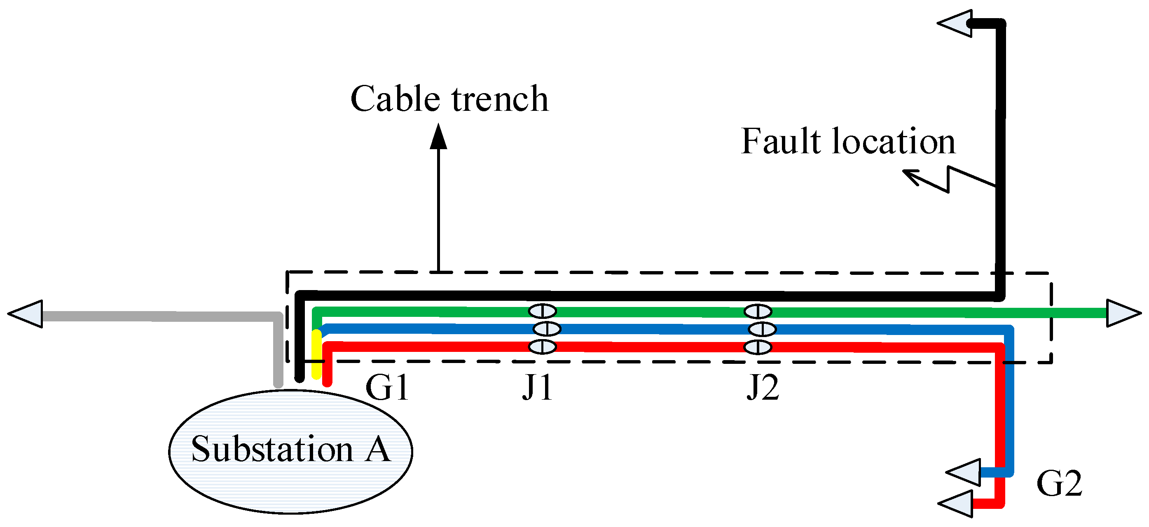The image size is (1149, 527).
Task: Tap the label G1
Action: (x=387, y=387)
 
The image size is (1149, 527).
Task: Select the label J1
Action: (x=538, y=387)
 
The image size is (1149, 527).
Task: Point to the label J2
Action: (x=763, y=387)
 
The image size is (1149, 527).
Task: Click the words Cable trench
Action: (x=449, y=98)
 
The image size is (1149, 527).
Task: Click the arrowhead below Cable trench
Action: (x=438, y=136)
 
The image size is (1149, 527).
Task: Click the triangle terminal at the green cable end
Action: (x=1121, y=313)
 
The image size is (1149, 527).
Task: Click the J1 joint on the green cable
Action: (x=543, y=311)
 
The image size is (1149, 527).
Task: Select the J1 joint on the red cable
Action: (x=543, y=346)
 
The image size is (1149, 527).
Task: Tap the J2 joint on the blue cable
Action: (x=762, y=329)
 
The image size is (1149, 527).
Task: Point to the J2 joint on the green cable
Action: (x=758, y=311)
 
